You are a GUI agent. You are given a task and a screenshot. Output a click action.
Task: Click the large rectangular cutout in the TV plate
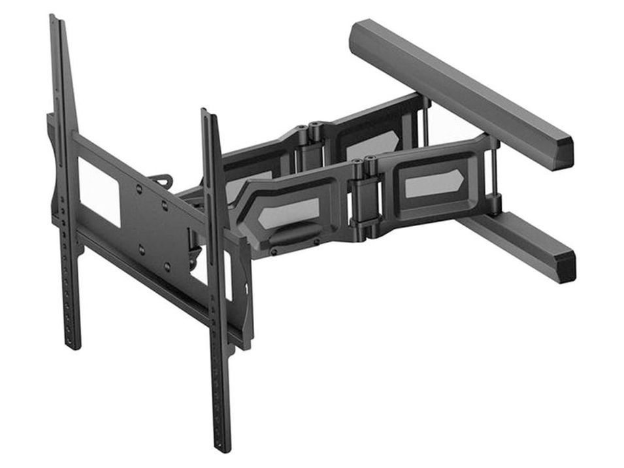[x=99, y=190]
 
